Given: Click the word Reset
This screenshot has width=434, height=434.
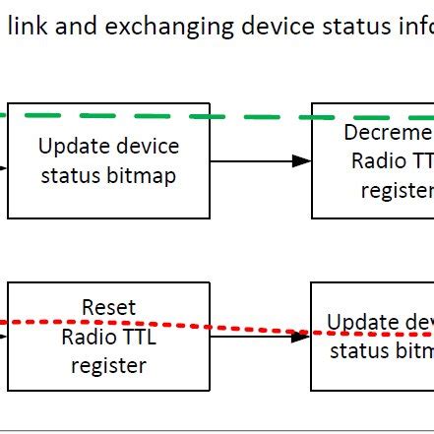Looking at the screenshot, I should tap(108, 308).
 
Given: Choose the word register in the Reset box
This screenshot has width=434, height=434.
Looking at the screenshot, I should tap(108, 366).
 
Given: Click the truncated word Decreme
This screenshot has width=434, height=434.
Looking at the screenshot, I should tap(389, 133).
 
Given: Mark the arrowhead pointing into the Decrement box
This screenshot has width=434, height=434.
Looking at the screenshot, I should tap(302, 160).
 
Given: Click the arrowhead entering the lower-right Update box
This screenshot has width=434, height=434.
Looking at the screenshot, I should tap(301, 337).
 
